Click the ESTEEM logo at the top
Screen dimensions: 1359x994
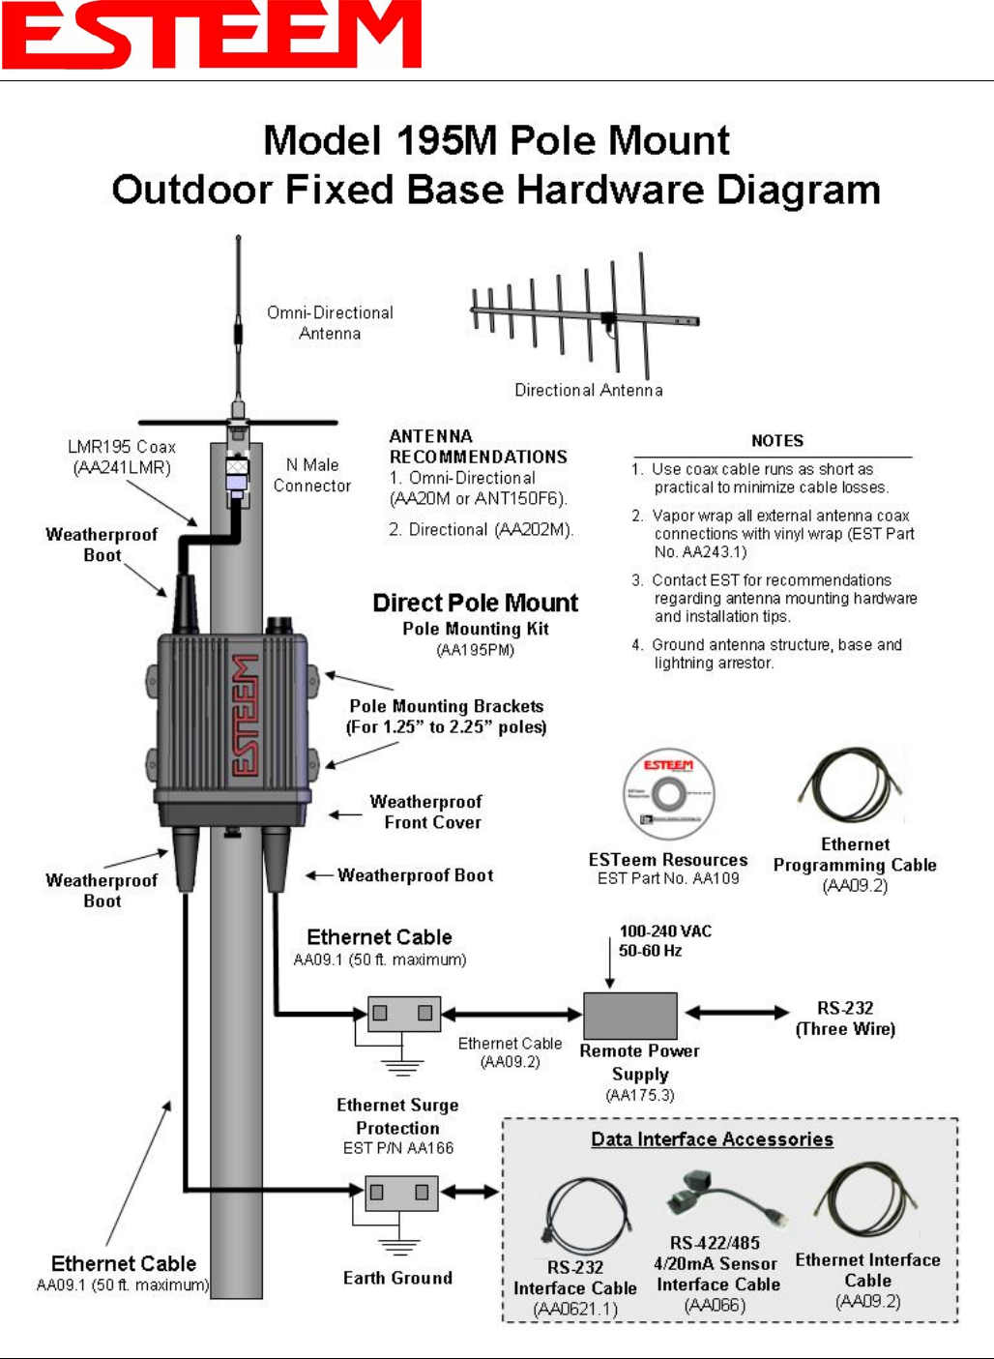(x=211, y=35)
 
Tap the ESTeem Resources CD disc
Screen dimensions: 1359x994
(x=668, y=795)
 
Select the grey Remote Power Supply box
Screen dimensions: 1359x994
(x=629, y=1016)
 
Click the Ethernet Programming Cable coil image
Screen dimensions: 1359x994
(x=851, y=785)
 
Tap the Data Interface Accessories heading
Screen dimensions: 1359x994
(x=712, y=1139)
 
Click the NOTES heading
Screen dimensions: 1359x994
(x=777, y=441)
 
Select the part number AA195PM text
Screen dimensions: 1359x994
(x=476, y=650)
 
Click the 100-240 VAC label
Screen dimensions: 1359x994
(x=665, y=931)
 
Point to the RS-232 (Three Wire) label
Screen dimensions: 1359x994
(x=845, y=1019)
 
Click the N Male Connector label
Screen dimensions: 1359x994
(x=311, y=475)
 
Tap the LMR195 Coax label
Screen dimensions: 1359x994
(x=122, y=457)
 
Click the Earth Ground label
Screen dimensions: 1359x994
(x=397, y=1278)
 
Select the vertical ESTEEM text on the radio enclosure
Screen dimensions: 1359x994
(x=246, y=715)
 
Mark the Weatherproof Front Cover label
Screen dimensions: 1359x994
(x=426, y=812)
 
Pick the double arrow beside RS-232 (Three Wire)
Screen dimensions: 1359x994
(x=738, y=1013)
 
